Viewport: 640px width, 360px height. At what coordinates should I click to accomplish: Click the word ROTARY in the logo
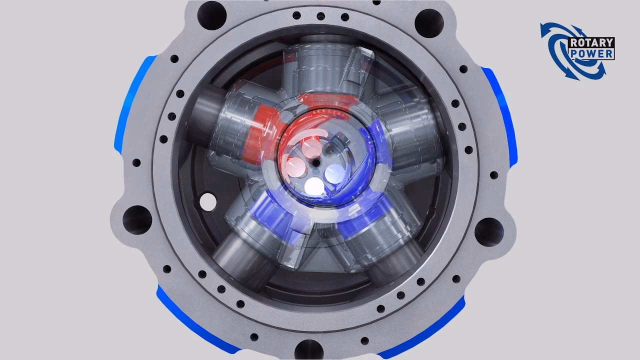[591, 43]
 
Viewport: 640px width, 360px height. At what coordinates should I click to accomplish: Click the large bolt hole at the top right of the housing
[429, 20]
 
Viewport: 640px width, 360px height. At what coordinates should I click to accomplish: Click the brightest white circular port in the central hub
[314, 186]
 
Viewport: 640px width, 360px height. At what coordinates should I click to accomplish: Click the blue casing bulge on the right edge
[500, 115]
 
